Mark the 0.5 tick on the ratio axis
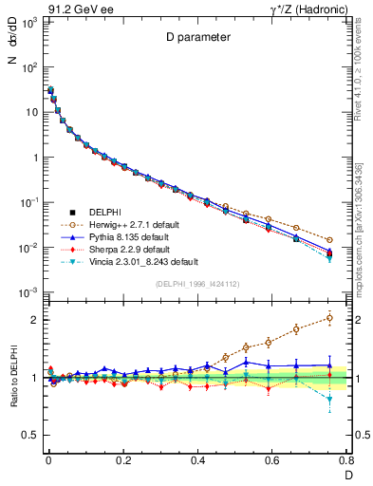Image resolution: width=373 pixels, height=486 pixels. click(x=28, y=435)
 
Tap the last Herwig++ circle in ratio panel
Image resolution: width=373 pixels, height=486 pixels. click(x=329, y=318)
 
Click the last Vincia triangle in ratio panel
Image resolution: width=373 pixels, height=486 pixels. click(x=329, y=400)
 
